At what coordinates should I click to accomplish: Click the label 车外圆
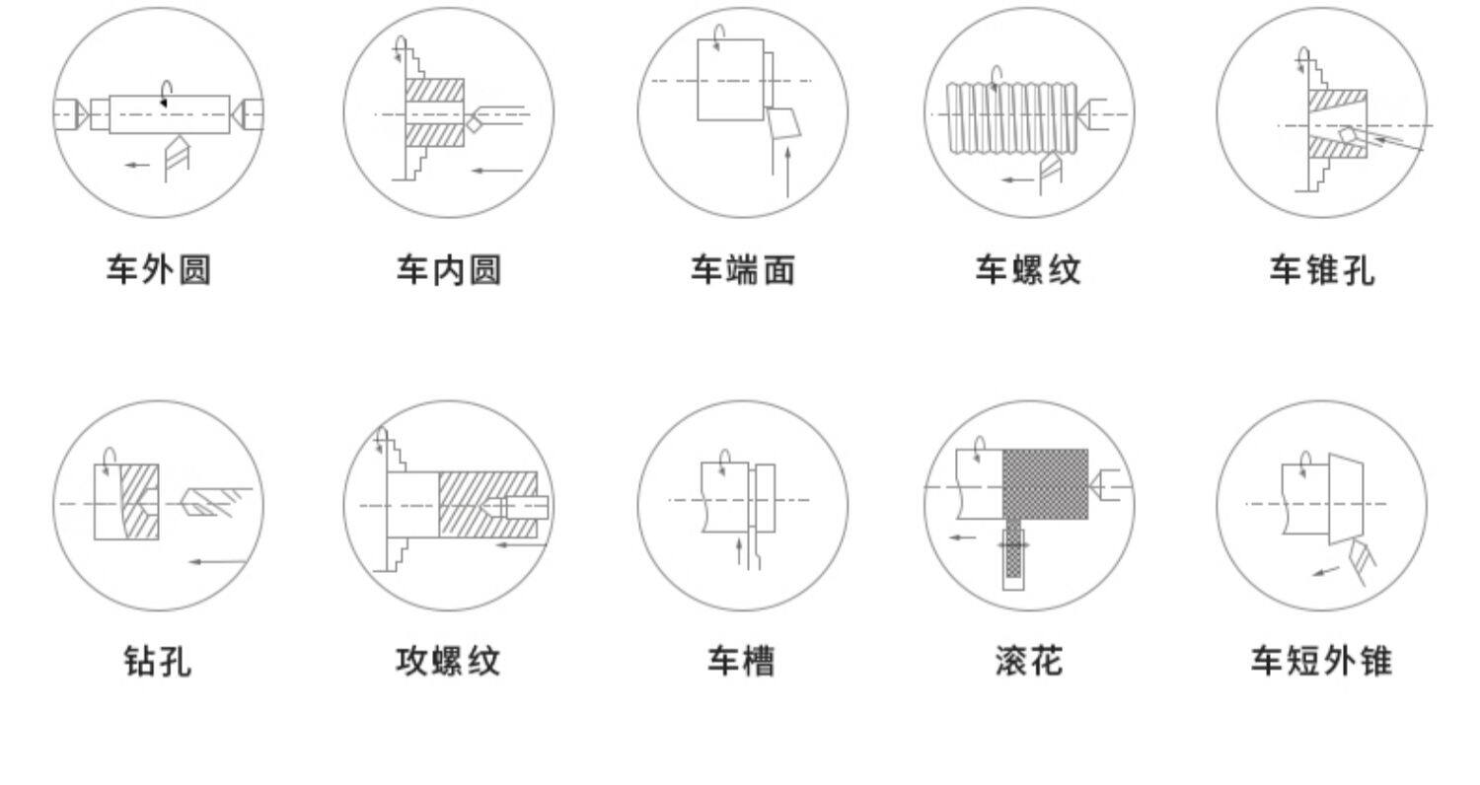point(159,269)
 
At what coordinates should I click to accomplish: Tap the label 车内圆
point(449,269)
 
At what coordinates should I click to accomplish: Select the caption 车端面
point(742,269)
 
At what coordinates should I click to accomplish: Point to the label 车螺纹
point(1028,269)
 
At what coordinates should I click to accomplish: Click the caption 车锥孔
point(1321,269)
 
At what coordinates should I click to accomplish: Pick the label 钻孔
point(159,661)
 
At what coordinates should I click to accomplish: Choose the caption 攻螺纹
point(449,661)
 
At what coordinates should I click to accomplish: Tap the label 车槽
point(742,661)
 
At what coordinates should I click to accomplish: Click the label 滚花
point(1028,661)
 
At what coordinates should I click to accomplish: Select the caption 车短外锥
point(1321,661)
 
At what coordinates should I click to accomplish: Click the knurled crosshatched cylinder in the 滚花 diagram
point(1045,483)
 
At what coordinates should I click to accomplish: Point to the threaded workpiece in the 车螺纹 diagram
point(1011,115)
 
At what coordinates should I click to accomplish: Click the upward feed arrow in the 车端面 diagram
point(787,173)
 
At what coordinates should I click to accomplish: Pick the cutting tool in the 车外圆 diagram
point(176,158)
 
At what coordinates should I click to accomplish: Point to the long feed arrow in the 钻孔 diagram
point(217,562)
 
